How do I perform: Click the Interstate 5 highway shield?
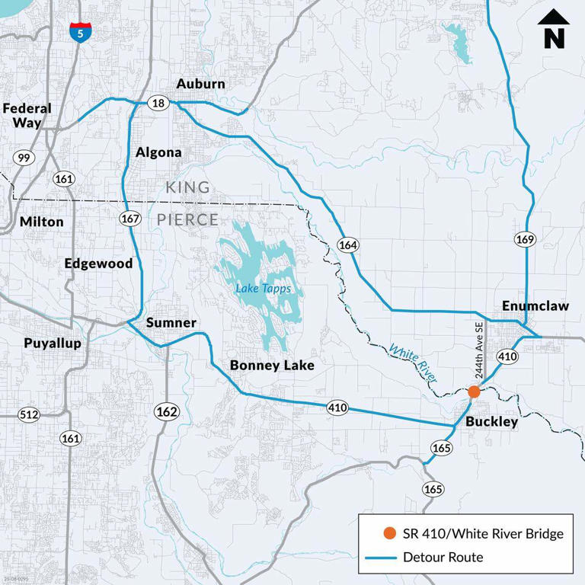78,33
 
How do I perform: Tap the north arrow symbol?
554,30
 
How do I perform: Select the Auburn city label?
200,83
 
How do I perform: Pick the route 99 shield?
24,158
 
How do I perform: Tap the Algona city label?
158,152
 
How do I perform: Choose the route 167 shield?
130,219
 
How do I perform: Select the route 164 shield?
348,245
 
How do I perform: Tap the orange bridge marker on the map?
474,392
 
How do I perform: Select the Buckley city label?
491,421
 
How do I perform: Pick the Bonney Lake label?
272,366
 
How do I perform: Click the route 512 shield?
28,415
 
